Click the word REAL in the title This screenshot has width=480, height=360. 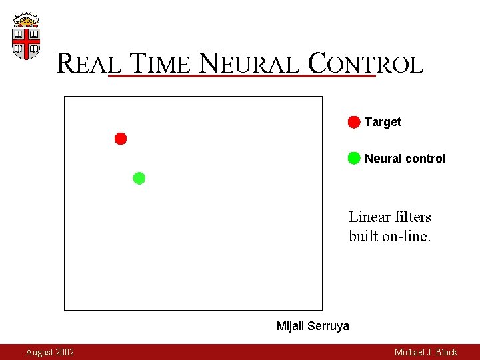pyautogui.click(x=89, y=64)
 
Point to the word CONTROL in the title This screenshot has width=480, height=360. pyautogui.click(x=365, y=64)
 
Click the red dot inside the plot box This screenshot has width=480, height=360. pyautogui.click(x=121, y=139)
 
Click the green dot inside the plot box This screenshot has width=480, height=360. pyautogui.click(x=139, y=178)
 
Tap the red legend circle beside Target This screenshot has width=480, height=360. pyautogui.click(x=354, y=122)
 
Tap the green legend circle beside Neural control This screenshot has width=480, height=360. pyautogui.click(x=354, y=158)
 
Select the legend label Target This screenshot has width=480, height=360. pyautogui.click(x=383, y=122)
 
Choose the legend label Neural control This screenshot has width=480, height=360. pyautogui.click(x=405, y=159)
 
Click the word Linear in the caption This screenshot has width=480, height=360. pyautogui.click(x=369, y=217)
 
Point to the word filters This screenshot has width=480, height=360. pyautogui.click(x=413, y=217)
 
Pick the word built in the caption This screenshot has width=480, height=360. pyautogui.click(x=363, y=237)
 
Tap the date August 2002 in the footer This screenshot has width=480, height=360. pyautogui.click(x=50, y=352)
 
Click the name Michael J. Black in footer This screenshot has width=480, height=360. pyautogui.click(x=425, y=352)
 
